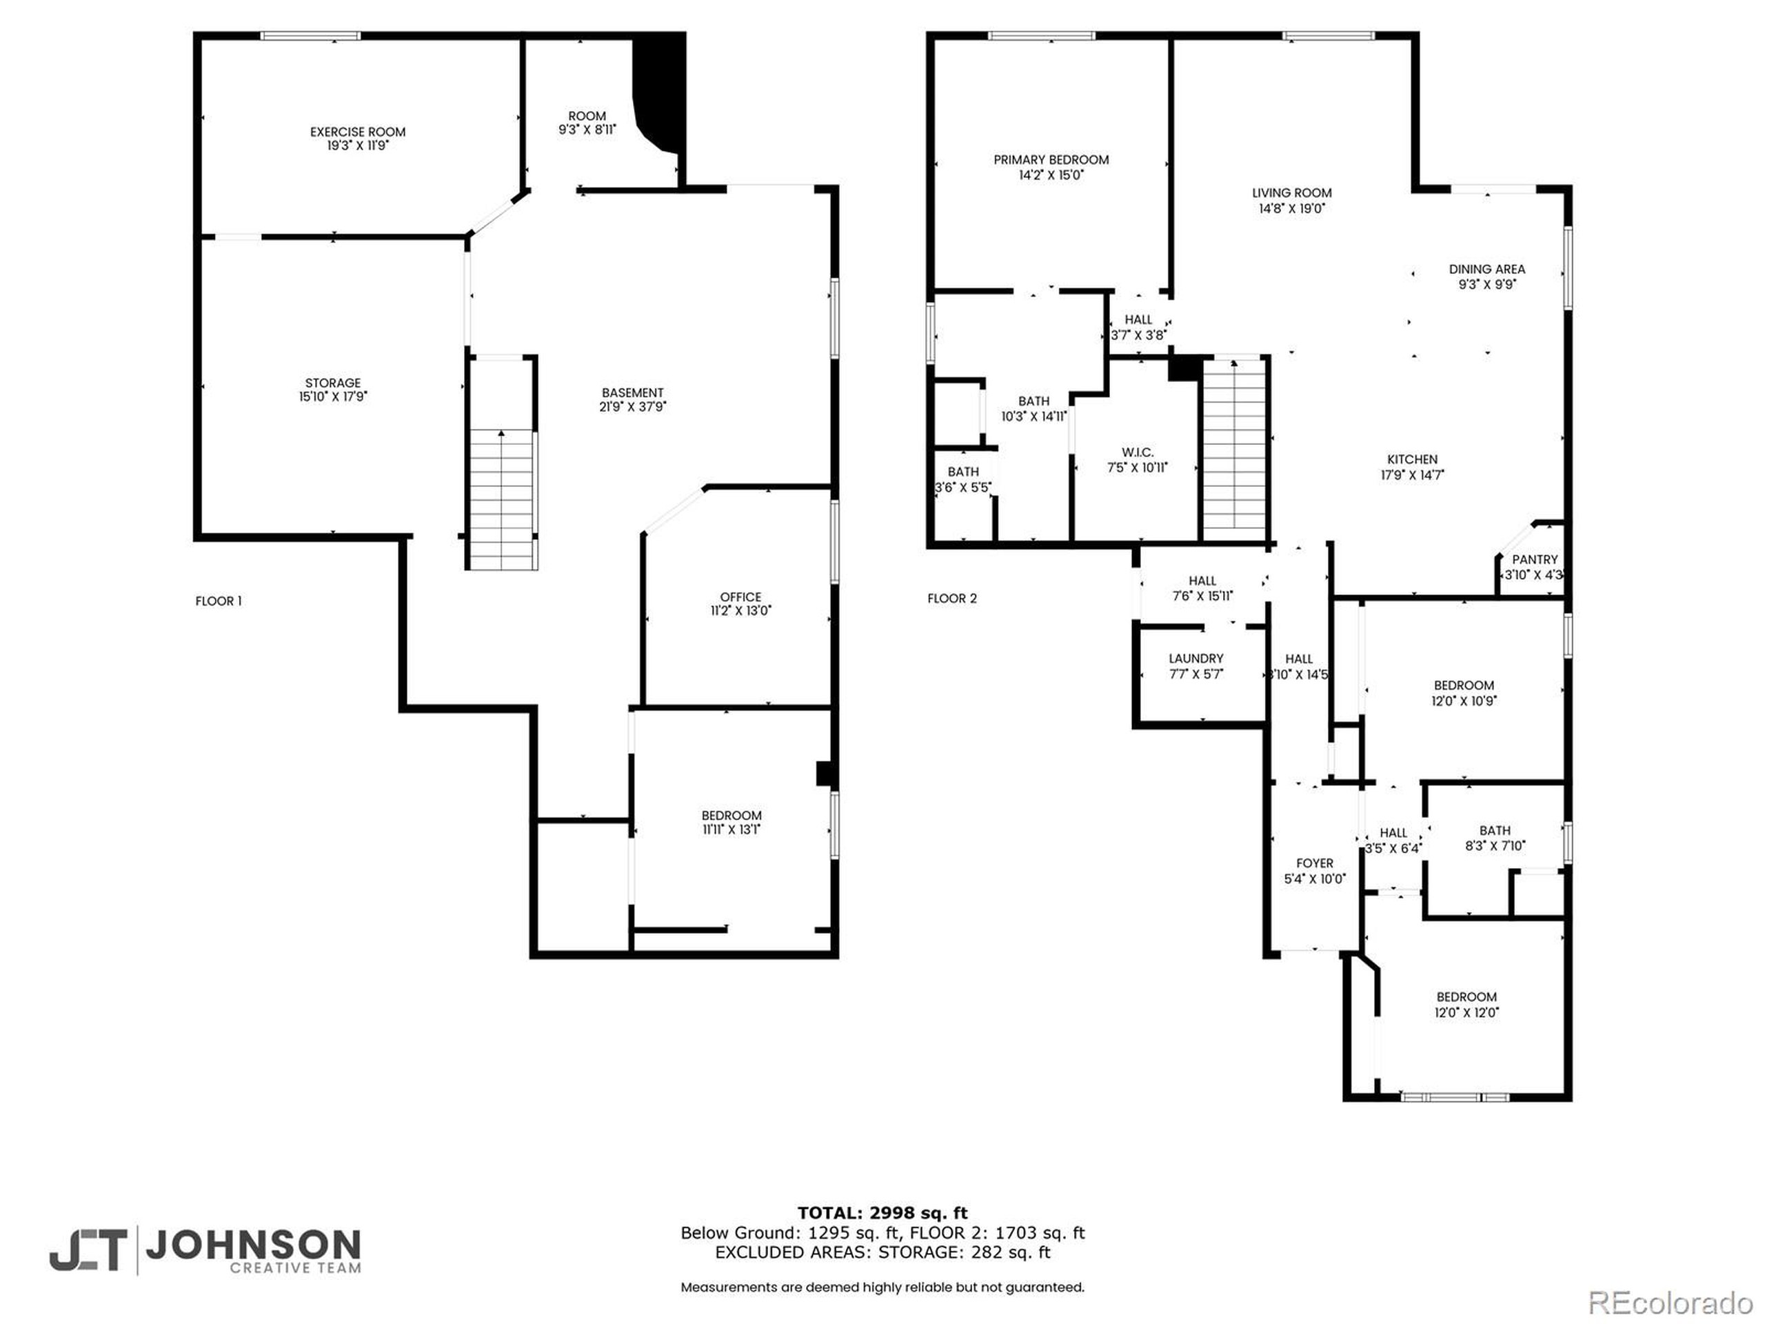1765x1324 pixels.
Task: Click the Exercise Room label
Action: click(x=357, y=132)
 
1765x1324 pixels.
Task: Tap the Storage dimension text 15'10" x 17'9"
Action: click(x=333, y=397)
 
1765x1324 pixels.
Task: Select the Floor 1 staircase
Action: click(x=501, y=499)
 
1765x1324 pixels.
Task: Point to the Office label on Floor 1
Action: click(x=740, y=597)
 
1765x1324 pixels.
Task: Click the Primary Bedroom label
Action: click(x=1051, y=159)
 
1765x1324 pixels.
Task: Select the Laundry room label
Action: click(x=1196, y=659)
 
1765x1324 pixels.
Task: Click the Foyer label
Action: click(x=1314, y=863)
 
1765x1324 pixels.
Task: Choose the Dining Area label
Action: click(x=1486, y=270)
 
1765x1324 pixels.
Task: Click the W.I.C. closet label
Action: click(x=1137, y=452)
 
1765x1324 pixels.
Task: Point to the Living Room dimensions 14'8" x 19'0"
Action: click(x=1291, y=208)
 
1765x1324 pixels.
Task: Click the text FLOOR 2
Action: click(x=952, y=599)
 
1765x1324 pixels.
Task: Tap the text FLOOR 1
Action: click(x=219, y=601)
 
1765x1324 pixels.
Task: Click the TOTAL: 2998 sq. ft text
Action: click(x=882, y=1214)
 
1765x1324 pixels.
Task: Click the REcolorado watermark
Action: click(x=1670, y=1303)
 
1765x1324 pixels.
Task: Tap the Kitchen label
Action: click(x=1412, y=460)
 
